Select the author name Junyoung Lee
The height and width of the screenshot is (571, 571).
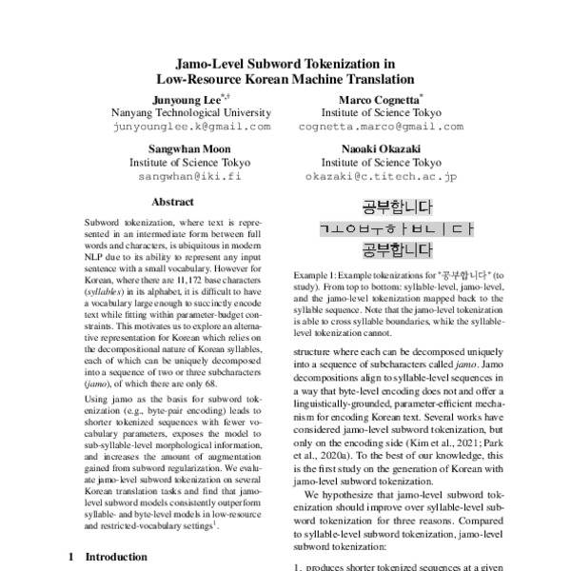pos(184,98)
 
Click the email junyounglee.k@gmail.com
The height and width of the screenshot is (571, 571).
pos(191,126)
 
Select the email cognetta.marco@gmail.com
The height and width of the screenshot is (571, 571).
pos(381,126)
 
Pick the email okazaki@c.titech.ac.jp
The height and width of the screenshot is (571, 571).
pos(381,176)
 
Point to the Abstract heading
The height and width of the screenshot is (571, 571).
pos(173,202)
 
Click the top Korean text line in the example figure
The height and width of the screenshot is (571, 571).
pos(397,207)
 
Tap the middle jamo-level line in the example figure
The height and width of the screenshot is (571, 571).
pos(397,228)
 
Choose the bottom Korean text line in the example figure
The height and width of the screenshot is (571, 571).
pos(397,250)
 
